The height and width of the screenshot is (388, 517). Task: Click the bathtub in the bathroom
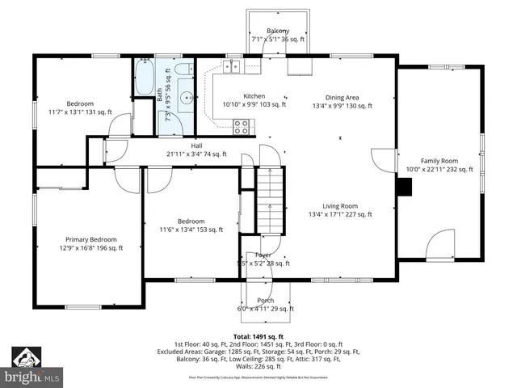pos(145,78)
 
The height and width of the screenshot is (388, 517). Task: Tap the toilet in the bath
pos(183,69)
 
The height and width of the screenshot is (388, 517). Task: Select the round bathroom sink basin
pos(187,98)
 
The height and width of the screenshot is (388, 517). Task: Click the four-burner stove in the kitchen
pos(241,125)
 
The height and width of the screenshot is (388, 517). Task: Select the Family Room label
pos(439,161)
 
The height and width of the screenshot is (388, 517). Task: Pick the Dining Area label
pos(342,96)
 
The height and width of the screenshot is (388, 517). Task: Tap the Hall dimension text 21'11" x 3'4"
pos(196,154)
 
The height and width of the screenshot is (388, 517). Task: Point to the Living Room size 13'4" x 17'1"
pos(339,214)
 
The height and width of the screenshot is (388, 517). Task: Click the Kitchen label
pos(243,95)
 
